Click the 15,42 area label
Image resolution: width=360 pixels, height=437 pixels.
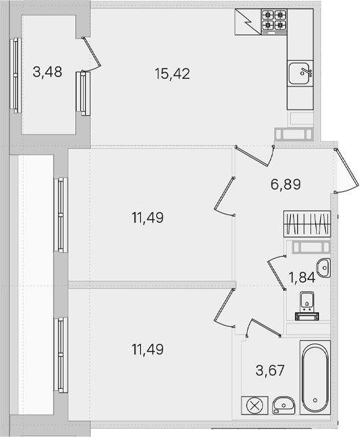point(172,74)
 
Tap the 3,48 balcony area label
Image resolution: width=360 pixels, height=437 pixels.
point(47,72)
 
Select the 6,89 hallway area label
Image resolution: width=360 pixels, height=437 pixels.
point(285,184)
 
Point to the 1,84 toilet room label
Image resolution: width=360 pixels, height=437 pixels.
point(302,278)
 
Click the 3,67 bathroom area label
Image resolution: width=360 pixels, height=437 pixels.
point(270,371)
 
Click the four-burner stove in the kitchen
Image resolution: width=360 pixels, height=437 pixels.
point(274,22)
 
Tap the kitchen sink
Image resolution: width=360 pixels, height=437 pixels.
point(300,73)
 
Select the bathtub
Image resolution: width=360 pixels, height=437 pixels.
point(315,377)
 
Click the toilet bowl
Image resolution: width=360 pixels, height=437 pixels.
point(307,306)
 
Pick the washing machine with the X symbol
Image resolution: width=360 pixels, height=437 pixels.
point(255,405)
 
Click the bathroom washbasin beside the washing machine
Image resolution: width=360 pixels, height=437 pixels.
point(283,406)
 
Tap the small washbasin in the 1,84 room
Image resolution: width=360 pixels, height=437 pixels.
point(324,267)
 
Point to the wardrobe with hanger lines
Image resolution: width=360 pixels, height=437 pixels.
point(307,224)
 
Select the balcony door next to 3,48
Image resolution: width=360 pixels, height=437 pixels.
point(92,54)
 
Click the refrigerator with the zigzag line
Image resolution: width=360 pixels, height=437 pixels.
point(248,22)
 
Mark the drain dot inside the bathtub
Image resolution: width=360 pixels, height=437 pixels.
point(315,401)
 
